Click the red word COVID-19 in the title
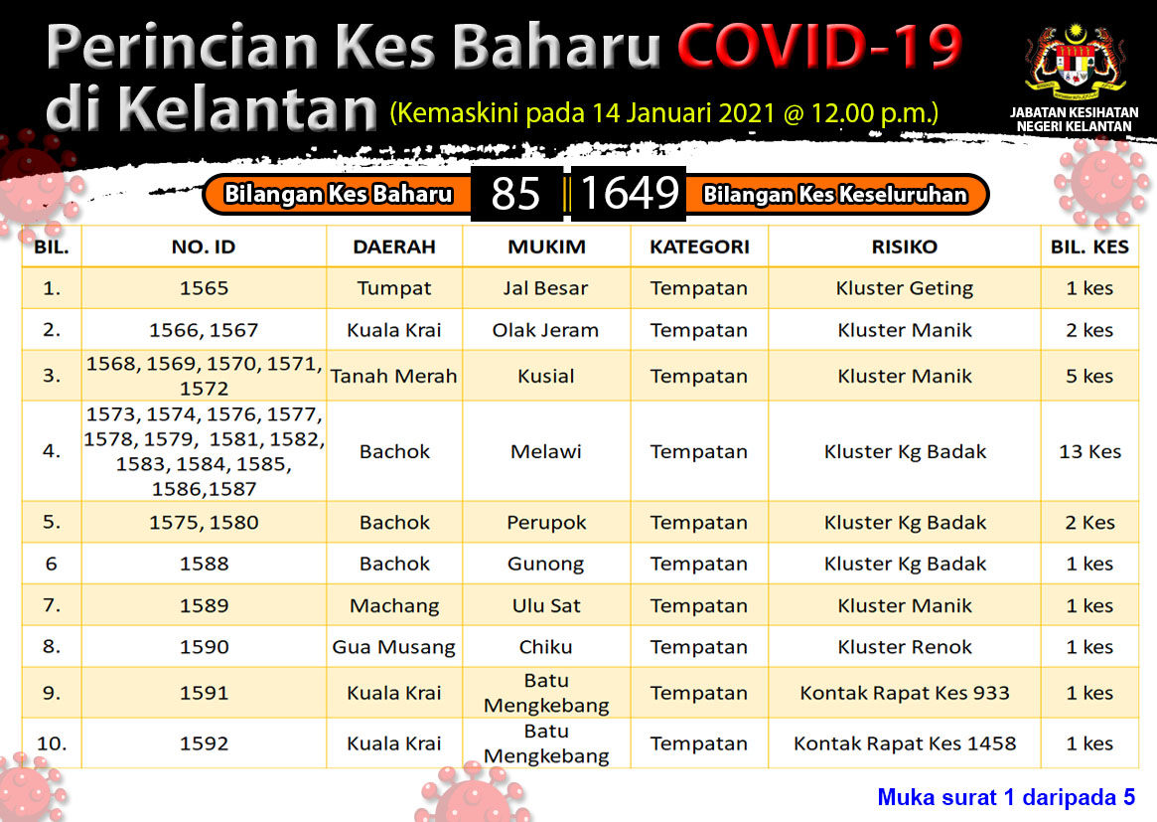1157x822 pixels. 819,46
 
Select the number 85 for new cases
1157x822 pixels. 515,194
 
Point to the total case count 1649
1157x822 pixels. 630,193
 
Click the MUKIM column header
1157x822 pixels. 547,247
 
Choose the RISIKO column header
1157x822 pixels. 905,247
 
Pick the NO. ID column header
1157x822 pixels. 204,247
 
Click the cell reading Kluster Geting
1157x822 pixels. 905,288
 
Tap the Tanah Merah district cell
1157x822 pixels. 394,376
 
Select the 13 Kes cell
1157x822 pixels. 1089,451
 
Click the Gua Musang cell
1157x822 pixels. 394,647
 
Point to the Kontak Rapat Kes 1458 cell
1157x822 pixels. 905,742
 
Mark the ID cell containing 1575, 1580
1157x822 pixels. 204,523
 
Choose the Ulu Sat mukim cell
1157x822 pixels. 547,605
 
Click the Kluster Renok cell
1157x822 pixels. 905,647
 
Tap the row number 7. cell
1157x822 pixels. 52,605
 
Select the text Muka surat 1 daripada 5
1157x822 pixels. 1006,797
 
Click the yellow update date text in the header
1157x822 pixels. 664,113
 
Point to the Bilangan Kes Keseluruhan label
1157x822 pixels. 834,194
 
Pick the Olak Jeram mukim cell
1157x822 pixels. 545,330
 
